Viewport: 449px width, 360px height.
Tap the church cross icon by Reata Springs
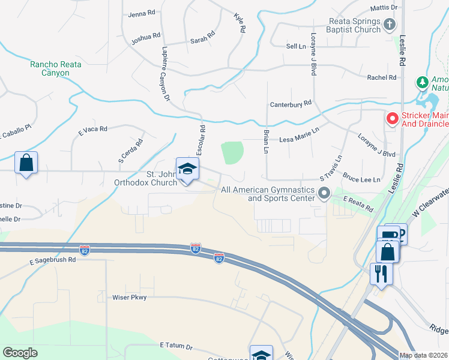click(x=389, y=25)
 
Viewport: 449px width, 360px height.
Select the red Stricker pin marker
click(x=392, y=119)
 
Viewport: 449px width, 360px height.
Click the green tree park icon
click(x=423, y=81)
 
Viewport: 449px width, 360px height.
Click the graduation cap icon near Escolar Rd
click(x=187, y=169)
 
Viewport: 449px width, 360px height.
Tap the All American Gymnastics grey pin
click(x=325, y=193)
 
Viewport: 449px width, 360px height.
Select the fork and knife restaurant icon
click(x=381, y=274)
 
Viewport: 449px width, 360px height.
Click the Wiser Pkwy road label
click(x=130, y=297)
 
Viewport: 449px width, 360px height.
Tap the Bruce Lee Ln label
click(x=361, y=179)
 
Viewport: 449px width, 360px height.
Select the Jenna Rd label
click(x=142, y=14)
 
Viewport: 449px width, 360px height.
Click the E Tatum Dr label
click(x=176, y=346)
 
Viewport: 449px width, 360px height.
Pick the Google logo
click(x=20, y=353)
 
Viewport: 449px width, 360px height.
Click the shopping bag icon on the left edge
click(x=26, y=163)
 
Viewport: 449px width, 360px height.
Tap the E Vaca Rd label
click(x=92, y=129)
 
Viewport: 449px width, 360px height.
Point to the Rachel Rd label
click(x=382, y=77)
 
